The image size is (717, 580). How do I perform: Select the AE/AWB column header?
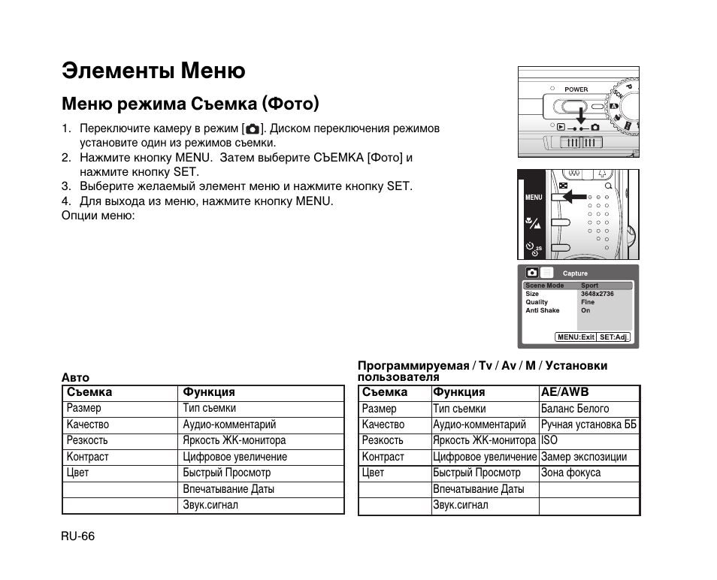click(x=564, y=392)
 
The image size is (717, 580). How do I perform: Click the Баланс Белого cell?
click(x=575, y=409)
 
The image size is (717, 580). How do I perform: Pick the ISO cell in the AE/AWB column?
click(x=549, y=440)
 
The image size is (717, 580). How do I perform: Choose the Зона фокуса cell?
click(x=570, y=473)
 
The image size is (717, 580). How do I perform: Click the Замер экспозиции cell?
click(x=583, y=457)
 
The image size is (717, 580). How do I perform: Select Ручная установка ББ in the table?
click(x=588, y=424)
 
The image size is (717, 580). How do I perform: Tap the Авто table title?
click(x=75, y=378)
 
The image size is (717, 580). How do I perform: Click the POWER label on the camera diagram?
click(x=576, y=89)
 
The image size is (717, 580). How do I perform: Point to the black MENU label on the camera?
click(x=534, y=198)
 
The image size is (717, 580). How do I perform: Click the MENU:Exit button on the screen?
click(x=576, y=337)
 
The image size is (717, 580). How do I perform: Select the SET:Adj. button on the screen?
click(x=613, y=337)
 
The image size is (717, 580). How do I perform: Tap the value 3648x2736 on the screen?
click(x=597, y=294)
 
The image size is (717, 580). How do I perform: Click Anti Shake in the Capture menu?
click(x=543, y=310)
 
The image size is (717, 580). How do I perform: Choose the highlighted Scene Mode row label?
click(x=544, y=285)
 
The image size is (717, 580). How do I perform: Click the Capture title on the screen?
click(x=575, y=273)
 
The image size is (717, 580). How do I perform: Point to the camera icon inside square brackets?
click(x=253, y=128)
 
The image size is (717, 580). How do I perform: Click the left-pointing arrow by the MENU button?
click(x=575, y=197)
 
